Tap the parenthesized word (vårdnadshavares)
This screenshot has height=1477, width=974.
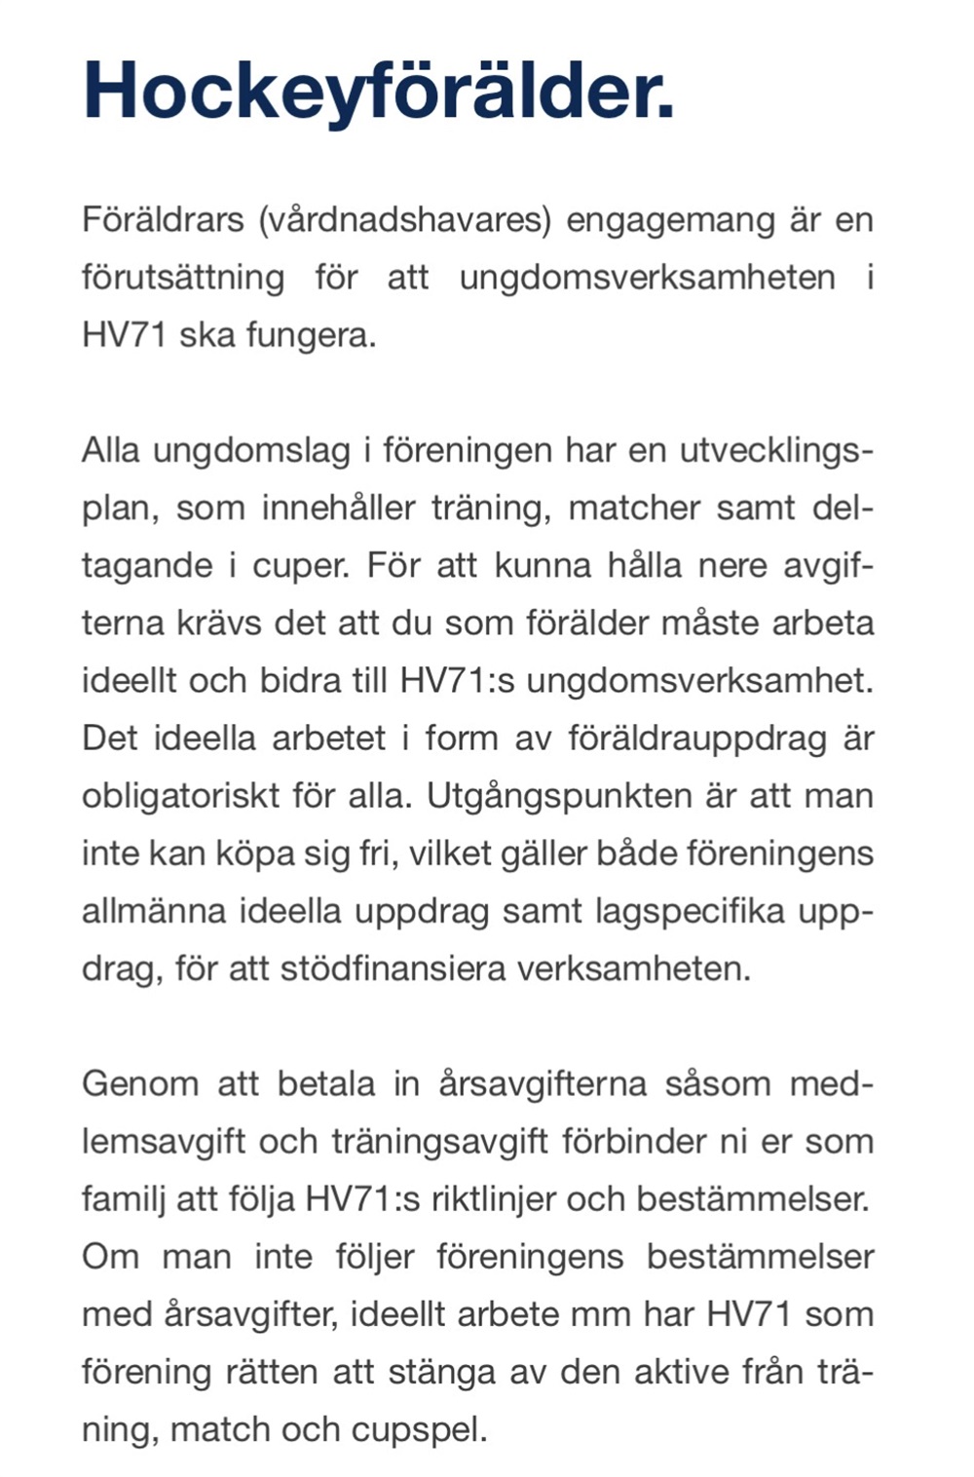click(x=405, y=219)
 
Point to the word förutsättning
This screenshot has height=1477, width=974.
click(x=183, y=278)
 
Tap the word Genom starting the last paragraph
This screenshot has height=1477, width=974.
click(x=140, y=1083)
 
